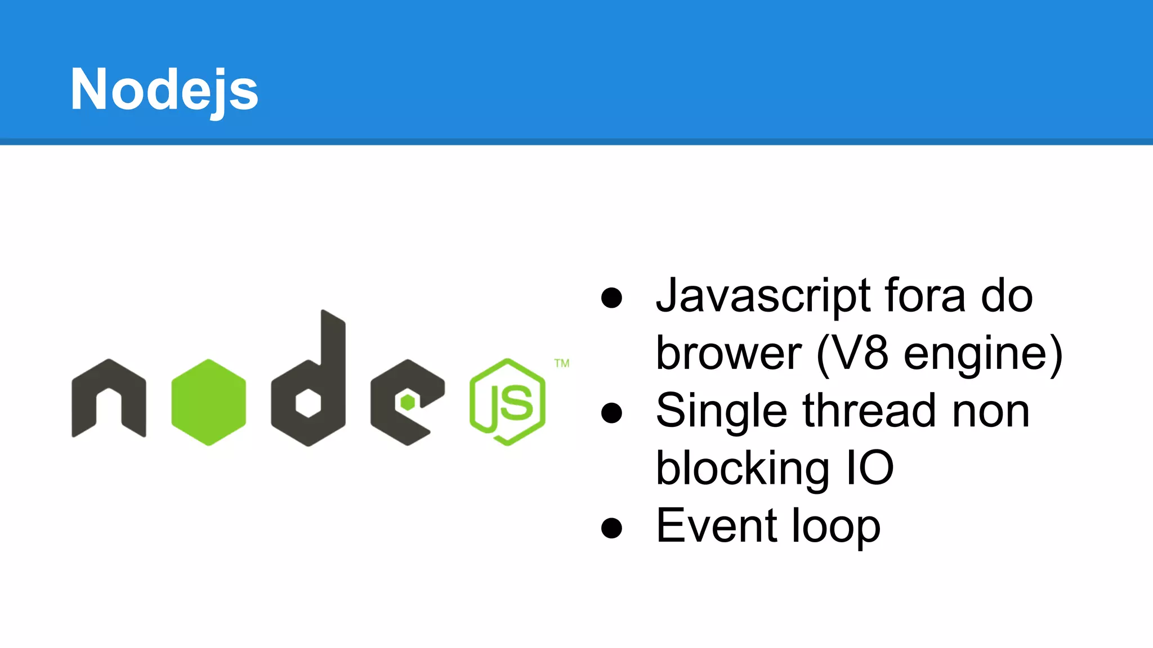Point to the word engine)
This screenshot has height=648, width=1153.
coord(983,354)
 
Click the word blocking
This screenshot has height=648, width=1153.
coord(742,469)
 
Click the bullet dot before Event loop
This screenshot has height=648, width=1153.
coord(611,528)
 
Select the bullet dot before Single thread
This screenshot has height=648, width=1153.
coord(611,413)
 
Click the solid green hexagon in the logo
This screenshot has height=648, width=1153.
coord(209,402)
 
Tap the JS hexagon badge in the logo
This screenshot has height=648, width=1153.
coord(507,402)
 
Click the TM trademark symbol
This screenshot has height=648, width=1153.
coord(562,363)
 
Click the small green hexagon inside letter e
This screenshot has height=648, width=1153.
coord(408,403)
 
